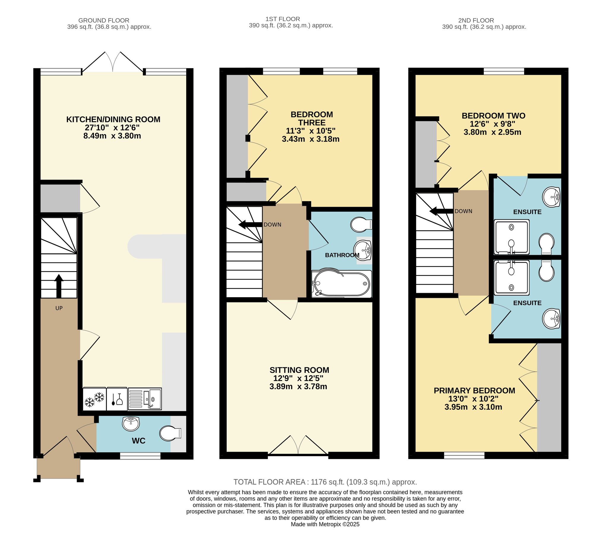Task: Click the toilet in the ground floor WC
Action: point(170,434)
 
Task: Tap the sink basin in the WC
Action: point(131,423)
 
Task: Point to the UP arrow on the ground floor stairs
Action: point(59,286)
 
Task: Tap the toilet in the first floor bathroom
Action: point(361,225)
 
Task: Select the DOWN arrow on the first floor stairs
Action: point(250,225)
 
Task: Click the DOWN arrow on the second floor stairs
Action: point(441,211)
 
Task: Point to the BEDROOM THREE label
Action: point(312,118)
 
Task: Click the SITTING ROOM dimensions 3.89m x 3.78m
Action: point(298,386)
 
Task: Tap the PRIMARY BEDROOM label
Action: point(474,391)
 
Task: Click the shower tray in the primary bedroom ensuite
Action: point(511,277)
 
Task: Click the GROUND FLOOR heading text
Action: point(104,20)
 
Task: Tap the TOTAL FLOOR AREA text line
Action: point(325,482)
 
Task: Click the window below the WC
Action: point(140,456)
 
